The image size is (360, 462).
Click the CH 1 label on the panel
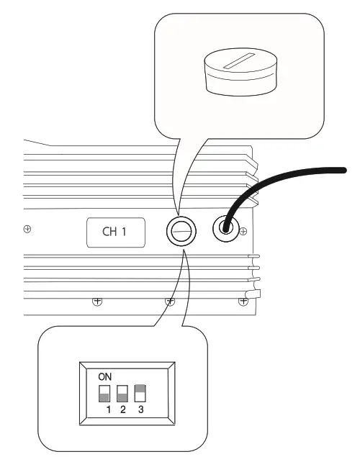click(x=116, y=233)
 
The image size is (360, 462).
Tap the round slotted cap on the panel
click(x=179, y=231)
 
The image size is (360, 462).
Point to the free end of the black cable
click(x=343, y=170)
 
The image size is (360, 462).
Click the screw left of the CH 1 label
click(x=27, y=230)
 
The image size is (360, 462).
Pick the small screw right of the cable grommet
click(x=244, y=230)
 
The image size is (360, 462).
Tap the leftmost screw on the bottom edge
click(x=96, y=302)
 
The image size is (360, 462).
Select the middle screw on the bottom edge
click(x=170, y=302)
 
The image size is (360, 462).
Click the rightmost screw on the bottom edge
click(x=242, y=302)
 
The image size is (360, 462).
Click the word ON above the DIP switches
click(x=104, y=376)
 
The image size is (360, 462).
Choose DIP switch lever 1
click(x=104, y=393)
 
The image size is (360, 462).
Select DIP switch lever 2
click(x=122, y=393)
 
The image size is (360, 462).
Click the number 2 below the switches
click(x=122, y=410)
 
